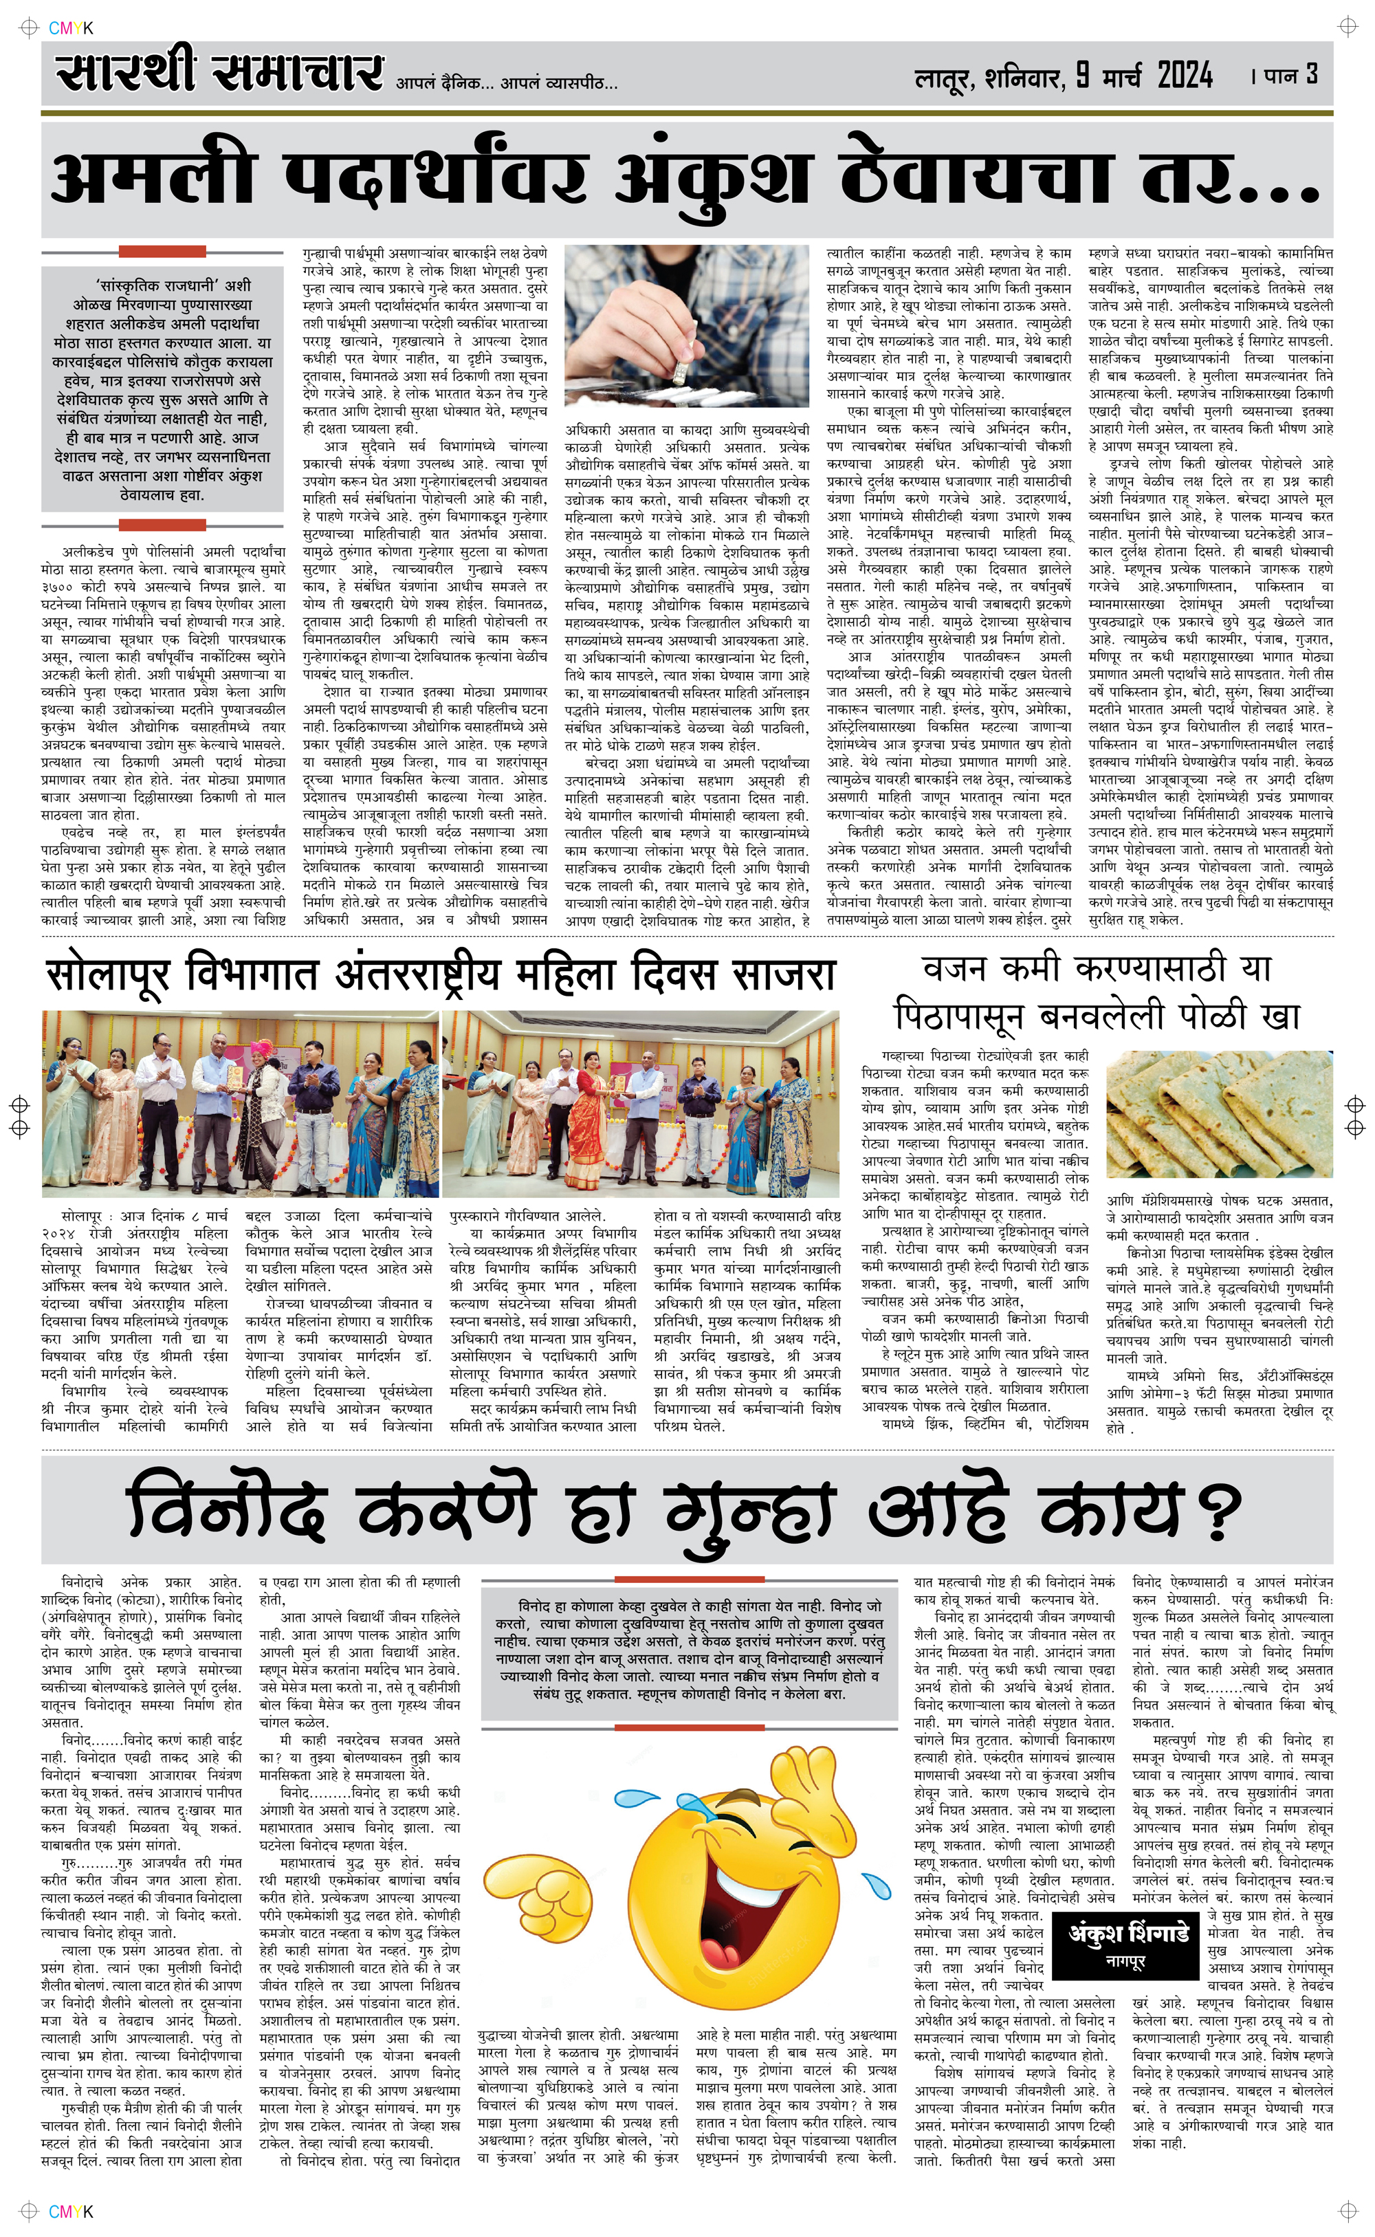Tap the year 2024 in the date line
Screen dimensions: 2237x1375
1184,76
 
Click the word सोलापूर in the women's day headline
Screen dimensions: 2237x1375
107,975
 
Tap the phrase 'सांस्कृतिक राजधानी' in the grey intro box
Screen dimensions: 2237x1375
161,285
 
